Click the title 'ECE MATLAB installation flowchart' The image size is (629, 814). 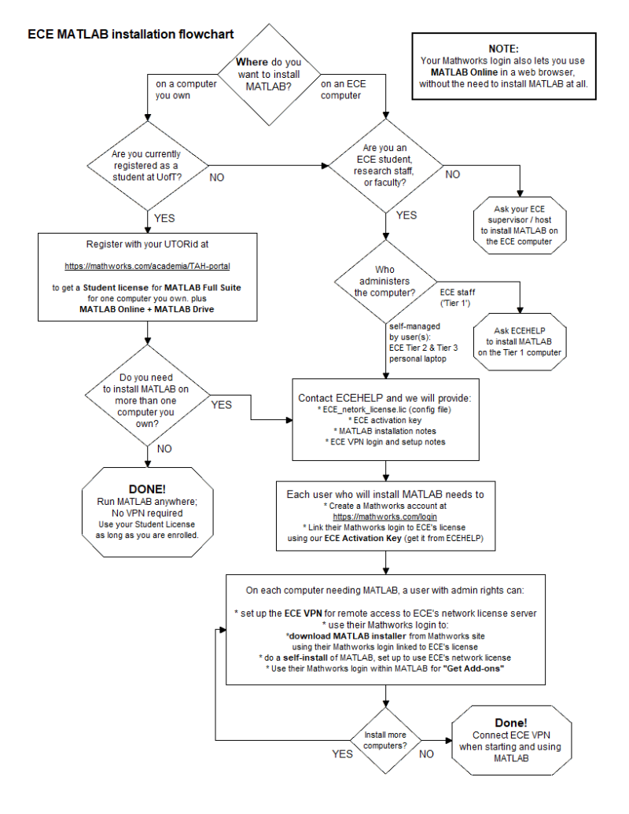(x=131, y=35)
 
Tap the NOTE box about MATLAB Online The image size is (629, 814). (x=503, y=66)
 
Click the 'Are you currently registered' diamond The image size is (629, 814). (x=147, y=166)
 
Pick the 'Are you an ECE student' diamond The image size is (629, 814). (x=384, y=166)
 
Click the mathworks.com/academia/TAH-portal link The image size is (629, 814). (x=148, y=266)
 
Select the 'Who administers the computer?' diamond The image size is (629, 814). (x=384, y=281)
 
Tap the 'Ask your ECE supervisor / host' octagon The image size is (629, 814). (x=520, y=225)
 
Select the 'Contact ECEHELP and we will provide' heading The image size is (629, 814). (x=385, y=398)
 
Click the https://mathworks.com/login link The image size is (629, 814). (x=385, y=516)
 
